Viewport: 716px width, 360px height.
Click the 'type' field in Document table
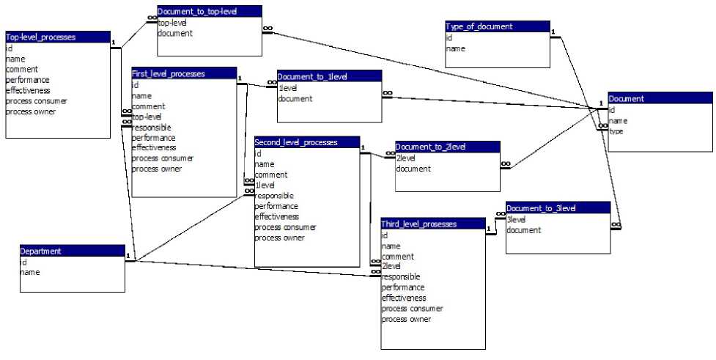616,131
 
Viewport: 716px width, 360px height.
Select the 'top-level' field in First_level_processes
147,117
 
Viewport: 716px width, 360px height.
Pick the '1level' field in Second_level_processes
265,185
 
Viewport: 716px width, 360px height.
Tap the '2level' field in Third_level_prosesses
391,266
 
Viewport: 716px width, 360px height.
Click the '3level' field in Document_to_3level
517,219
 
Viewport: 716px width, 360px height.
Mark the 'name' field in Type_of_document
455,49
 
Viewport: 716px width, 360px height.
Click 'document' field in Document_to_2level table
413,169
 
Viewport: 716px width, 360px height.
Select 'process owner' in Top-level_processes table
31,111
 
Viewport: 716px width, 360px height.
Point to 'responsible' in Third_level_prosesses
401,277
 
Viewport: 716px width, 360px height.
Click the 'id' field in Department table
23,262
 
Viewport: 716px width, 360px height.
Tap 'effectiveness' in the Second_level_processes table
277,216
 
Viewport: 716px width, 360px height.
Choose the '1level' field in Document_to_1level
288,87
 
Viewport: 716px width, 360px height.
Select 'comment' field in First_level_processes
148,106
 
